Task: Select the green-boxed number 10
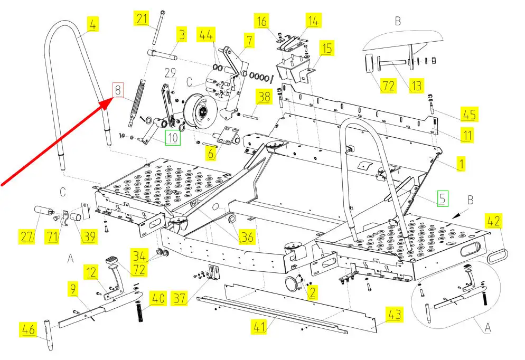tap(173, 138)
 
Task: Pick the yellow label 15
tap(327, 49)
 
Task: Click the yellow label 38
tap(264, 96)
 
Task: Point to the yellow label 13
tap(417, 86)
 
